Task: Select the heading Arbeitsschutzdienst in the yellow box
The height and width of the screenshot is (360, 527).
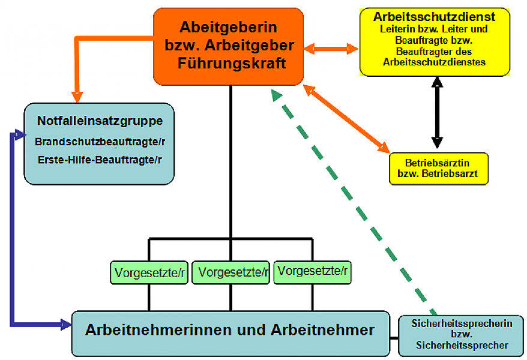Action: coord(434,16)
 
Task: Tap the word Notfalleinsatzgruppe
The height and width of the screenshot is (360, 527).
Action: coord(100,121)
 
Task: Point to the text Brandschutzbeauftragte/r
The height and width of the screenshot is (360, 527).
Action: coord(100,142)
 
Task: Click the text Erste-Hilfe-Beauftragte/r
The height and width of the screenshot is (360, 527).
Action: coord(100,160)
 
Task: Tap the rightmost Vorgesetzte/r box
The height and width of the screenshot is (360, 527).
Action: coord(312,272)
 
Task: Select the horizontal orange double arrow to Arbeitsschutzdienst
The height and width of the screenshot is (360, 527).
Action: coord(331,49)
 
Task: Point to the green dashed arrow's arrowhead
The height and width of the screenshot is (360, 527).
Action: coord(276,95)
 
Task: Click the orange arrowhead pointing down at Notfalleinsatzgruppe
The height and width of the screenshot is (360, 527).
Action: coord(77,97)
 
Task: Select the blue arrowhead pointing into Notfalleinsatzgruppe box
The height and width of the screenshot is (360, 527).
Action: coord(19,133)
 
